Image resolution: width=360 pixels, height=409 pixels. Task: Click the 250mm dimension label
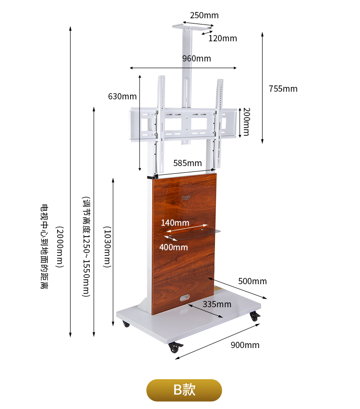[204, 15]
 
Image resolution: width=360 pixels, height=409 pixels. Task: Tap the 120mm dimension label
[222, 38]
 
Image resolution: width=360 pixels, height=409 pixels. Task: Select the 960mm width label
[196, 59]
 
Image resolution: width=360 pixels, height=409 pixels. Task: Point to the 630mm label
[122, 96]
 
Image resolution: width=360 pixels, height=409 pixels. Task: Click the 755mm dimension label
[283, 89]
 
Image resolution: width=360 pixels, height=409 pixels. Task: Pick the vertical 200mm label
[246, 121]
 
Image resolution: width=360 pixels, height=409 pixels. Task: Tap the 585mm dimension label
[187, 163]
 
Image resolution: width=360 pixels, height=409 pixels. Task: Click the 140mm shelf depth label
[175, 223]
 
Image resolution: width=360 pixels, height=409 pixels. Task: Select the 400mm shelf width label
[173, 247]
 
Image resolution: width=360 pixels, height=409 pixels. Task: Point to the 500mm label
[252, 281]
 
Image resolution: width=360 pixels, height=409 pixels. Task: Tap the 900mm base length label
[245, 345]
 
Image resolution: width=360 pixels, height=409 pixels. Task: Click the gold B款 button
[184, 390]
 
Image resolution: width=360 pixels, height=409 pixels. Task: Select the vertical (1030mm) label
[108, 247]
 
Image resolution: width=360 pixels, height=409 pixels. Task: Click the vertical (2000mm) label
[60, 247]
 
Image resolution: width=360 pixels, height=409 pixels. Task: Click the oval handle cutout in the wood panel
[184, 299]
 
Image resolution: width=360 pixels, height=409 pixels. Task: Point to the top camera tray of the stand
[192, 27]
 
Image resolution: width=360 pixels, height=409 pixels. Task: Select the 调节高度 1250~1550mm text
[86, 247]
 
